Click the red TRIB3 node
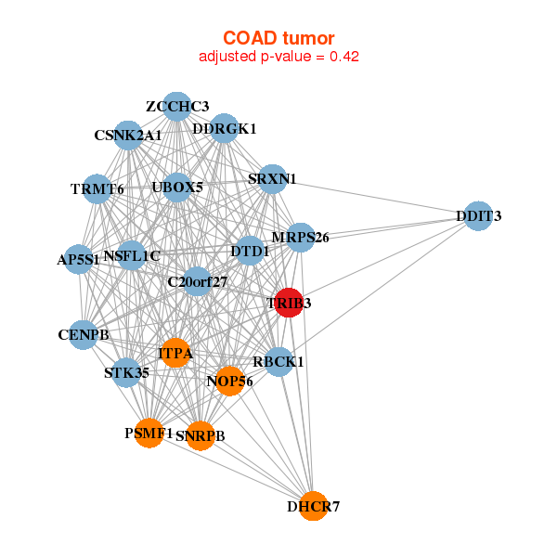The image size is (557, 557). click(289, 303)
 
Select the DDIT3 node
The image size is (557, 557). click(478, 216)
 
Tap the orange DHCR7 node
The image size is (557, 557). click(313, 506)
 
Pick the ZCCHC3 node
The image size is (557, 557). click(177, 107)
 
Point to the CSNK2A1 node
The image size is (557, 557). click(128, 136)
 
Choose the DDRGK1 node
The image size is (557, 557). click(224, 129)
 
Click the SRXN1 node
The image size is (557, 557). click(272, 179)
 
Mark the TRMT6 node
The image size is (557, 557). click(97, 189)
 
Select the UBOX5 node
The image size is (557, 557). click(177, 188)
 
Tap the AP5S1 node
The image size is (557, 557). click(79, 259)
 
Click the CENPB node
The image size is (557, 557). click(84, 335)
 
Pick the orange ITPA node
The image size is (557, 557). click(175, 353)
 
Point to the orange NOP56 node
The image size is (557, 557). click(230, 382)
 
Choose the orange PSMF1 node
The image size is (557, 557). click(149, 433)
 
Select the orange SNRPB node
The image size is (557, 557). click(201, 436)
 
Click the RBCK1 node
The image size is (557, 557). click(278, 362)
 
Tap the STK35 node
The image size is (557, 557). click(126, 373)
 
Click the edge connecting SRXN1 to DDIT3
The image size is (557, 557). click(375, 198)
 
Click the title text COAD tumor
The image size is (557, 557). click(278, 38)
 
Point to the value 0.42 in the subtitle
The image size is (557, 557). click(344, 57)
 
